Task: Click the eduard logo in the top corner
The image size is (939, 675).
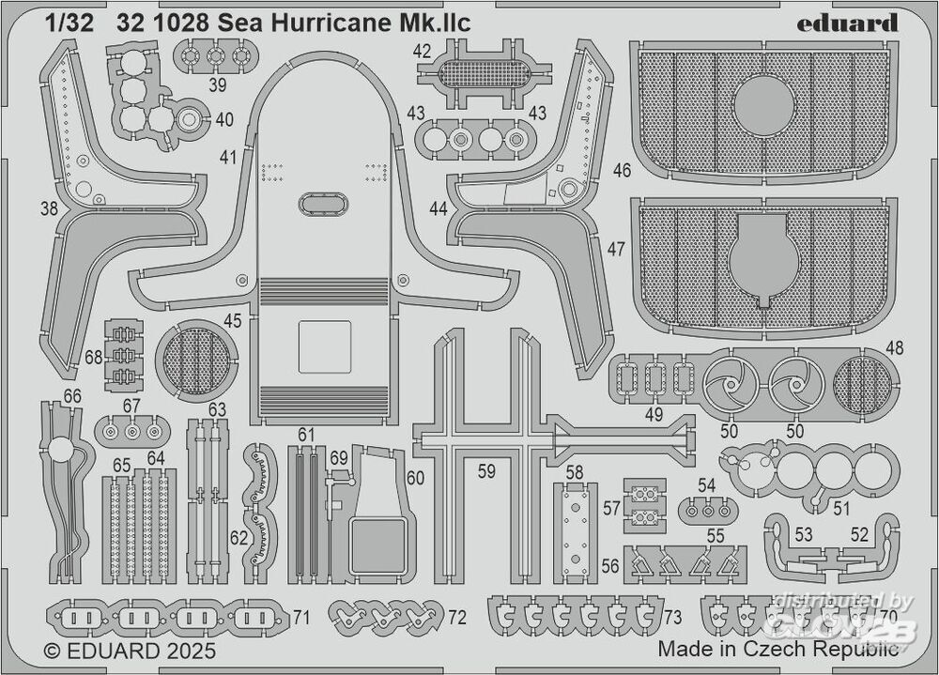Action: click(848, 23)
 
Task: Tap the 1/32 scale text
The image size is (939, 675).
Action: click(70, 24)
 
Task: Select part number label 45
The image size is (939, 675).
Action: click(232, 321)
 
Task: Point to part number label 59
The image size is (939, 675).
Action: click(485, 472)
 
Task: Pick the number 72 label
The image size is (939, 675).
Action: click(457, 617)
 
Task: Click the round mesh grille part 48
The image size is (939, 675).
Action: click(861, 386)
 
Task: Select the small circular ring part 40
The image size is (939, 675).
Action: click(189, 120)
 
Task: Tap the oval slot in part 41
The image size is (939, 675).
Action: click(322, 204)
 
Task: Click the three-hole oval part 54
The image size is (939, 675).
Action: click(707, 511)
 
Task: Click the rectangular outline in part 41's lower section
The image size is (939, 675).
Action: click(324, 348)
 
